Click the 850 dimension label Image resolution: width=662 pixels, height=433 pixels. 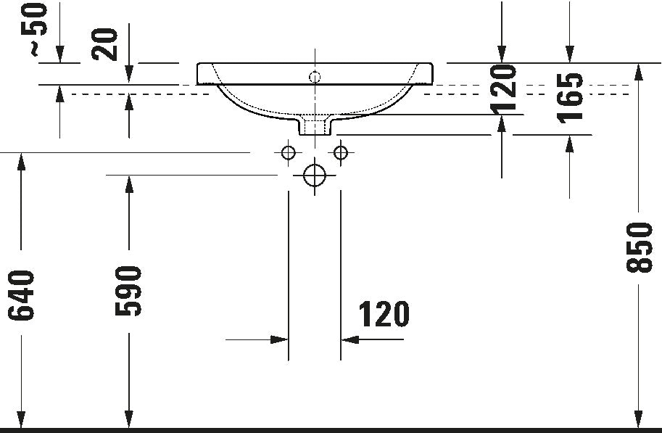tap(640, 247)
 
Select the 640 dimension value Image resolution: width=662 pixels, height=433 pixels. tap(21, 295)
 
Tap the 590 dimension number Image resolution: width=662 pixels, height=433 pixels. tap(128, 291)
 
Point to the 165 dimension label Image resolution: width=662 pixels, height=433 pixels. tap(569, 99)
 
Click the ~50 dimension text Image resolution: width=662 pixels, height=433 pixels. tap(34, 30)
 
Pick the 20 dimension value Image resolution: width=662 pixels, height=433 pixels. tap(104, 44)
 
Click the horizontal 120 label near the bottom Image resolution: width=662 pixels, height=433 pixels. tap(384, 314)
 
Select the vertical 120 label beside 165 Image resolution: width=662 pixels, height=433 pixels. tap(502, 89)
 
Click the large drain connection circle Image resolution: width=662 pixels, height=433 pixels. tap(315, 175)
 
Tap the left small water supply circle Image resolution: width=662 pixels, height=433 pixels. tap(289, 152)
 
